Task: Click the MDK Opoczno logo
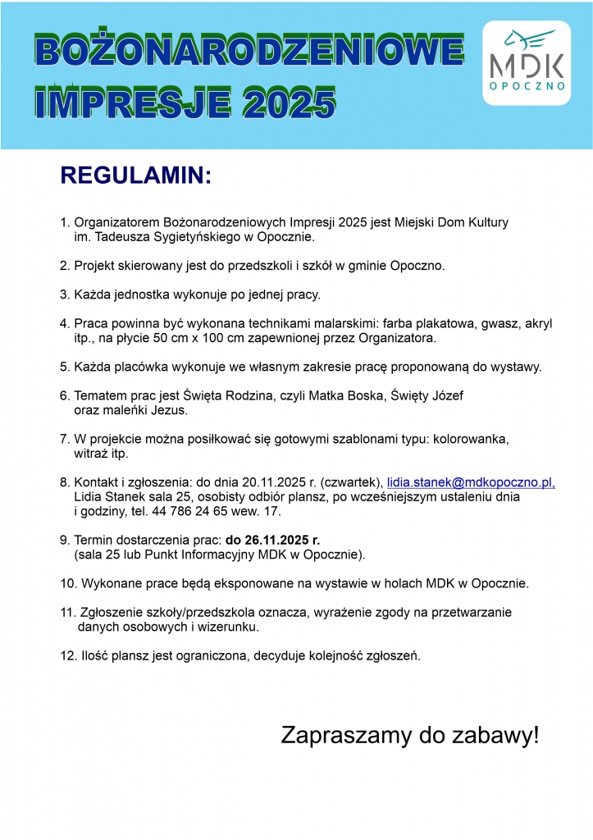pyautogui.click(x=537, y=63)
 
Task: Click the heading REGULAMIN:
pyautogui.click(x=136, y=176)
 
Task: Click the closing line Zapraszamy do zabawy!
pyautogui.click(x=410, y=735)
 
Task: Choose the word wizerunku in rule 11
pyautogui.click(x=229, y=628)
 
